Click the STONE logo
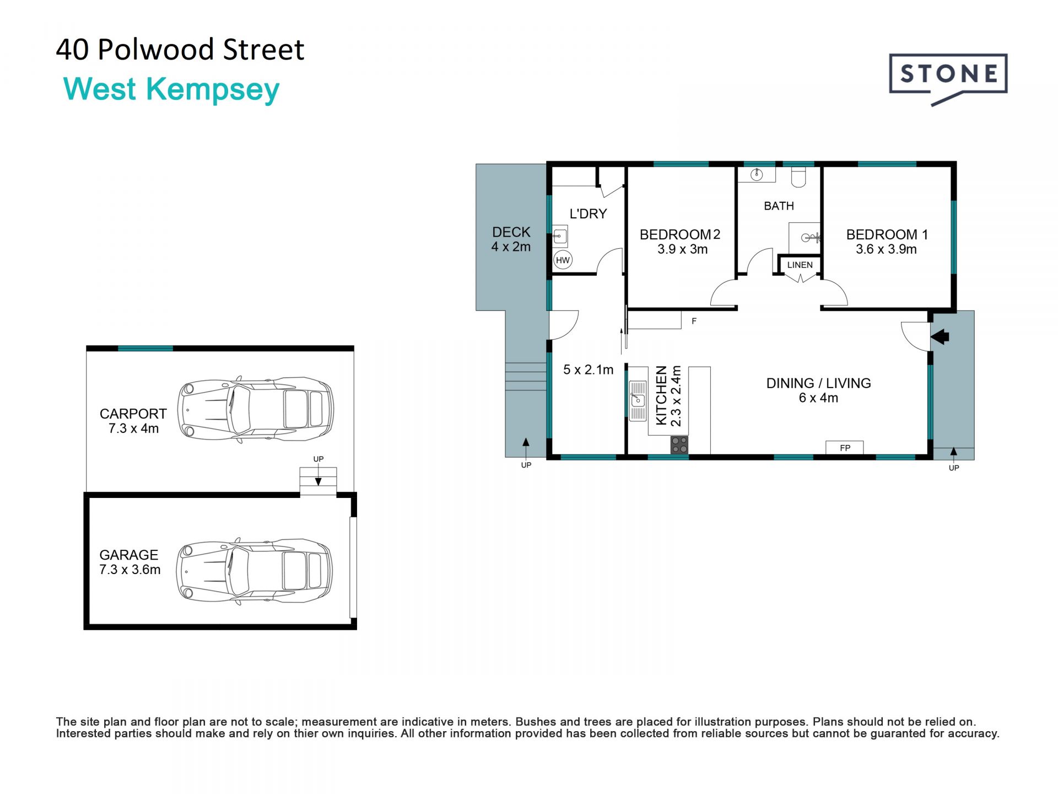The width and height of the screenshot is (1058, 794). point(948,79)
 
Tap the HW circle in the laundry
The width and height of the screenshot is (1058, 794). point(563,260)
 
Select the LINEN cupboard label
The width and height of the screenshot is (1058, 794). point(800,265)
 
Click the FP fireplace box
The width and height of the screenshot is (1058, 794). point(844,448)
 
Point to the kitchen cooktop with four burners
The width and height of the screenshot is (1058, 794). point(679,445)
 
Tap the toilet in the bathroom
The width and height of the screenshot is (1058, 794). point(798,176)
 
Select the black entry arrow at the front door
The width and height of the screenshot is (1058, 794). point(940,336)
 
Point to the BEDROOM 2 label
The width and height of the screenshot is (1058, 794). point(680,235)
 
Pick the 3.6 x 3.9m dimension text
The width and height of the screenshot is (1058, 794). point(886,249)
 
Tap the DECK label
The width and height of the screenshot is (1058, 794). point(511,232)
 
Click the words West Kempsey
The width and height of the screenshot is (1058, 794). point(171,89)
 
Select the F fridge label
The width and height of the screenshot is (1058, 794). point(694,321)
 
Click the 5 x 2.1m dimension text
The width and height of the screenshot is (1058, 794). point(588,370)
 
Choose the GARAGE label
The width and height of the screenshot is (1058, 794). point(128,555)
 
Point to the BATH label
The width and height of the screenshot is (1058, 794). point(779,206)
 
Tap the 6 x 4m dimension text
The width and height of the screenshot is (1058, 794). point(818,398)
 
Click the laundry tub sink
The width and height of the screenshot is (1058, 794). point(560,236)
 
